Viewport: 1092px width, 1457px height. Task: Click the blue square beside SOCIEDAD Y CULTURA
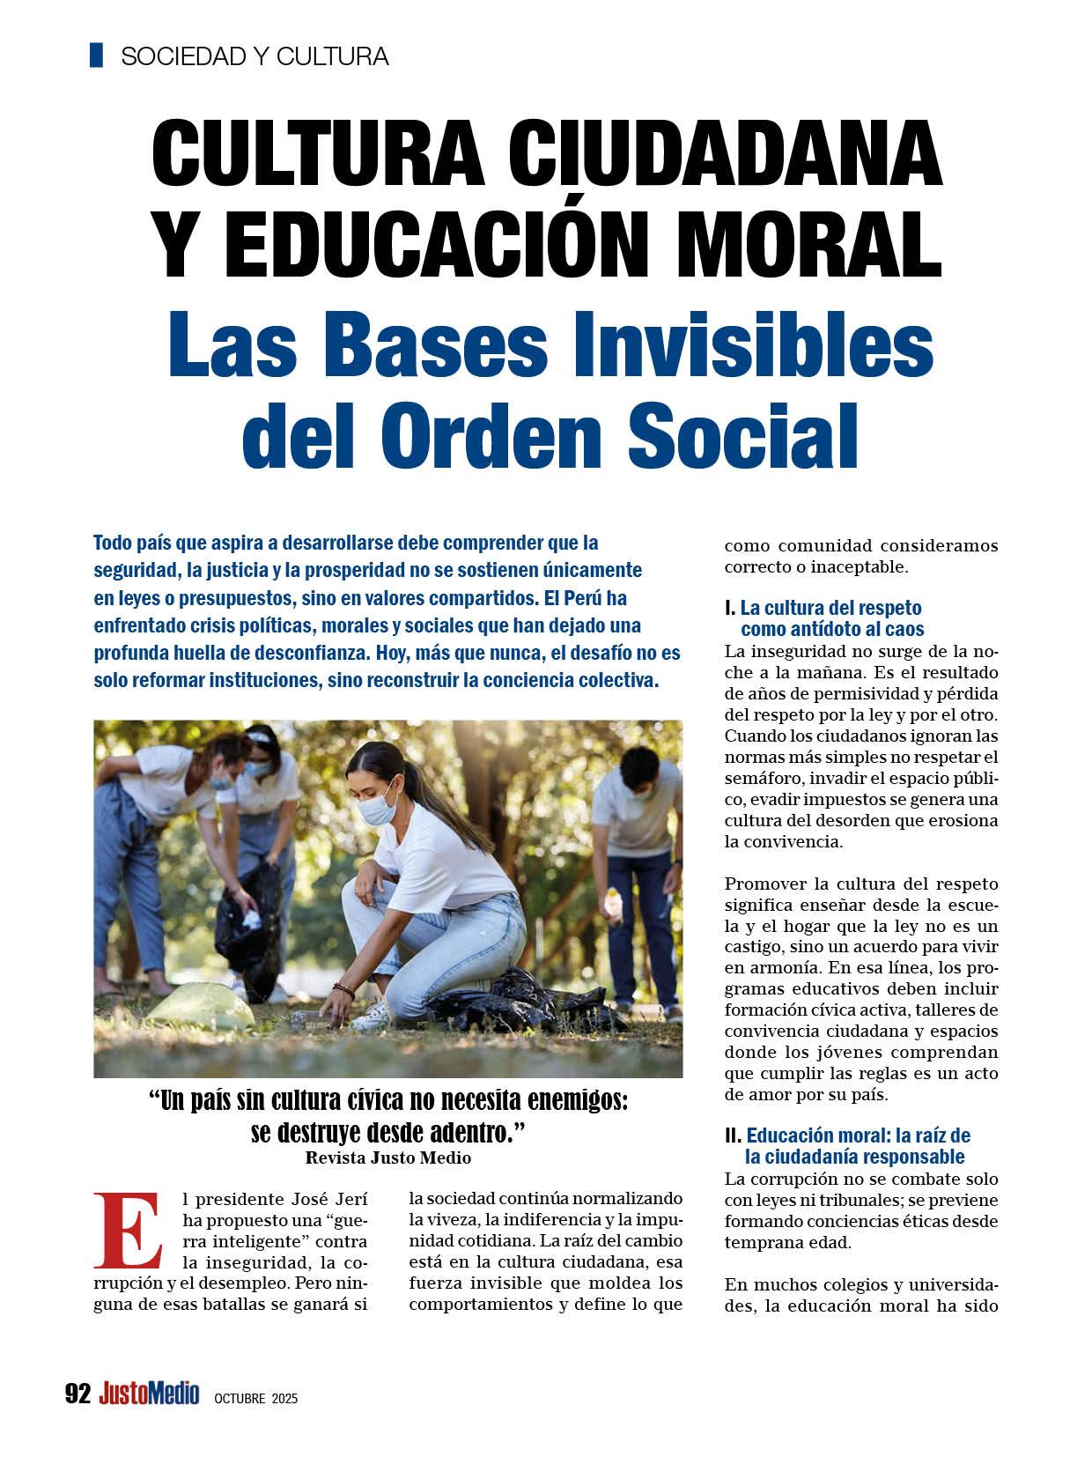coord(97,55)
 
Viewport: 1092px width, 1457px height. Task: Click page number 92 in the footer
coord(78,1394)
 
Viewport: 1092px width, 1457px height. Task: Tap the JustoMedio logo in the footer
coord(149,1394)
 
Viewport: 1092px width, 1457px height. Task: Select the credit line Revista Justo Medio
coord(387,1157)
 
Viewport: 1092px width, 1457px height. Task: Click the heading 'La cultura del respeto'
coord(830,608)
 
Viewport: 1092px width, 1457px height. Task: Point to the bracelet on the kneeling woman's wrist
coord(344,991)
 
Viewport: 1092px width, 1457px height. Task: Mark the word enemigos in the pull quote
coord(577,1102)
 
